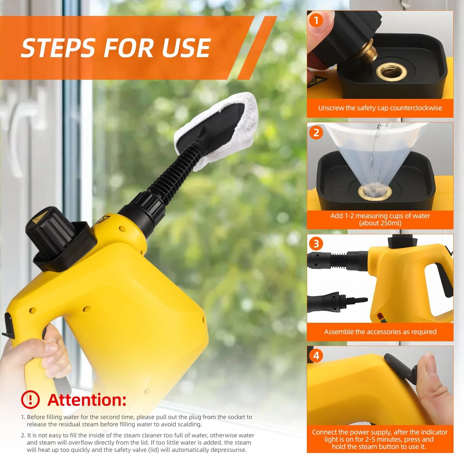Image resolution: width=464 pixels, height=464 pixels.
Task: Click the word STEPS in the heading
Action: (58, 48)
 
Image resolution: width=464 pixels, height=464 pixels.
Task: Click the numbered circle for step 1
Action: (316, 21)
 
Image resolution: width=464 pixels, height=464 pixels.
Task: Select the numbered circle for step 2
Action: (316, 133)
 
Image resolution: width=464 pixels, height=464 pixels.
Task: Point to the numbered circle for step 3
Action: (316, 244)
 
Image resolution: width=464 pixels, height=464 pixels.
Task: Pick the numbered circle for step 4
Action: (316, 356)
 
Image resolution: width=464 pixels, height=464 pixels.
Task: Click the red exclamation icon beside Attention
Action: (30, 400)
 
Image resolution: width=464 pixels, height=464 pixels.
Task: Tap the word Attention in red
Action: (87, 400)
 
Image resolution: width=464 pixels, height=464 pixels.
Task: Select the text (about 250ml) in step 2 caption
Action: (380, 223)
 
